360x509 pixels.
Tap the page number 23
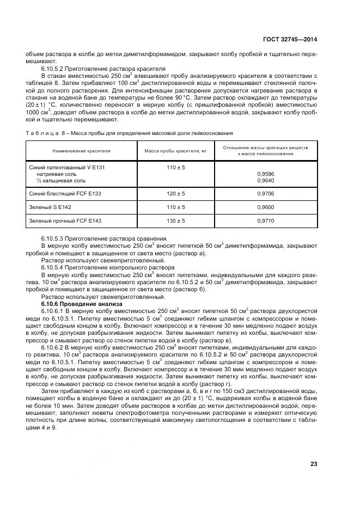point(313,464)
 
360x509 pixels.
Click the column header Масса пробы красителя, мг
point(175,151)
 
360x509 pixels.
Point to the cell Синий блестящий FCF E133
point(65,193)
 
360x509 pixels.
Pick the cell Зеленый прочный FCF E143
point(65,221)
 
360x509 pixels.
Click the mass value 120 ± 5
point(175,193)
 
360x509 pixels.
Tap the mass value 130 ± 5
point(175,221)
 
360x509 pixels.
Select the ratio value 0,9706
point(265,193)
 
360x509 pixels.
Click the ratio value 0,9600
point(265,207)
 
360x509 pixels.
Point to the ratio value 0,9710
point(265,221)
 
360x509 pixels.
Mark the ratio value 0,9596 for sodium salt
point(265,174)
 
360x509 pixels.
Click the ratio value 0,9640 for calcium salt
point(265,181)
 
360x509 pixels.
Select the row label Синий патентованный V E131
point(66,168)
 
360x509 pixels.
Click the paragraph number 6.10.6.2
point(53,346)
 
